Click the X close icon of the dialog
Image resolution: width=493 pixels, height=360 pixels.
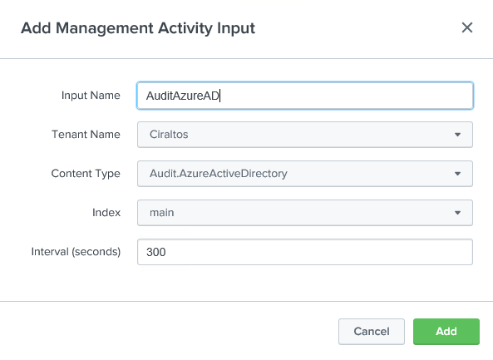tap(467, 27)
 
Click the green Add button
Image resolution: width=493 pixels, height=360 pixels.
tap(446, 332)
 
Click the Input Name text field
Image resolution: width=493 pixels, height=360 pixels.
tap(305, 96)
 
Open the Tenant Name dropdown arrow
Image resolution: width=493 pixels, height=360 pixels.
tap(457, 135)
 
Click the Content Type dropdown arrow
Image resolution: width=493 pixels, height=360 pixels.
tap(457, 174)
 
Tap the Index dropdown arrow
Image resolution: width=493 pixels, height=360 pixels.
tap(457, 213)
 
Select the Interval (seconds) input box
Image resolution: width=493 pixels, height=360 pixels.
tap(305, 252)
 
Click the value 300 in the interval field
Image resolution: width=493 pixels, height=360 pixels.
tap(156, 252)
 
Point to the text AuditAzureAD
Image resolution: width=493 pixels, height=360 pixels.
tap(183, 96)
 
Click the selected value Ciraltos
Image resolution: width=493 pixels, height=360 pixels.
tap(169, 135)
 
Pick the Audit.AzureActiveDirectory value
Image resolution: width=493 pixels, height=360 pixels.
tap(219, 174)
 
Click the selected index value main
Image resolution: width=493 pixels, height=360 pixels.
tap(161, 213)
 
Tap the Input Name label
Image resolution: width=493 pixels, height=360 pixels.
tap(91, 96)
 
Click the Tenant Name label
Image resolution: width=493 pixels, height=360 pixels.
tap(86, 134)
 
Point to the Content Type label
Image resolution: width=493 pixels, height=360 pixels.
tap(86, 174)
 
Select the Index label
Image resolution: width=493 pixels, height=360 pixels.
tap(106, 213)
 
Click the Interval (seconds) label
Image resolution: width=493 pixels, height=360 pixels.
tap(76, 252)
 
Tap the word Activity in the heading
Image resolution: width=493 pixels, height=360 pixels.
tap(185, 28)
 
